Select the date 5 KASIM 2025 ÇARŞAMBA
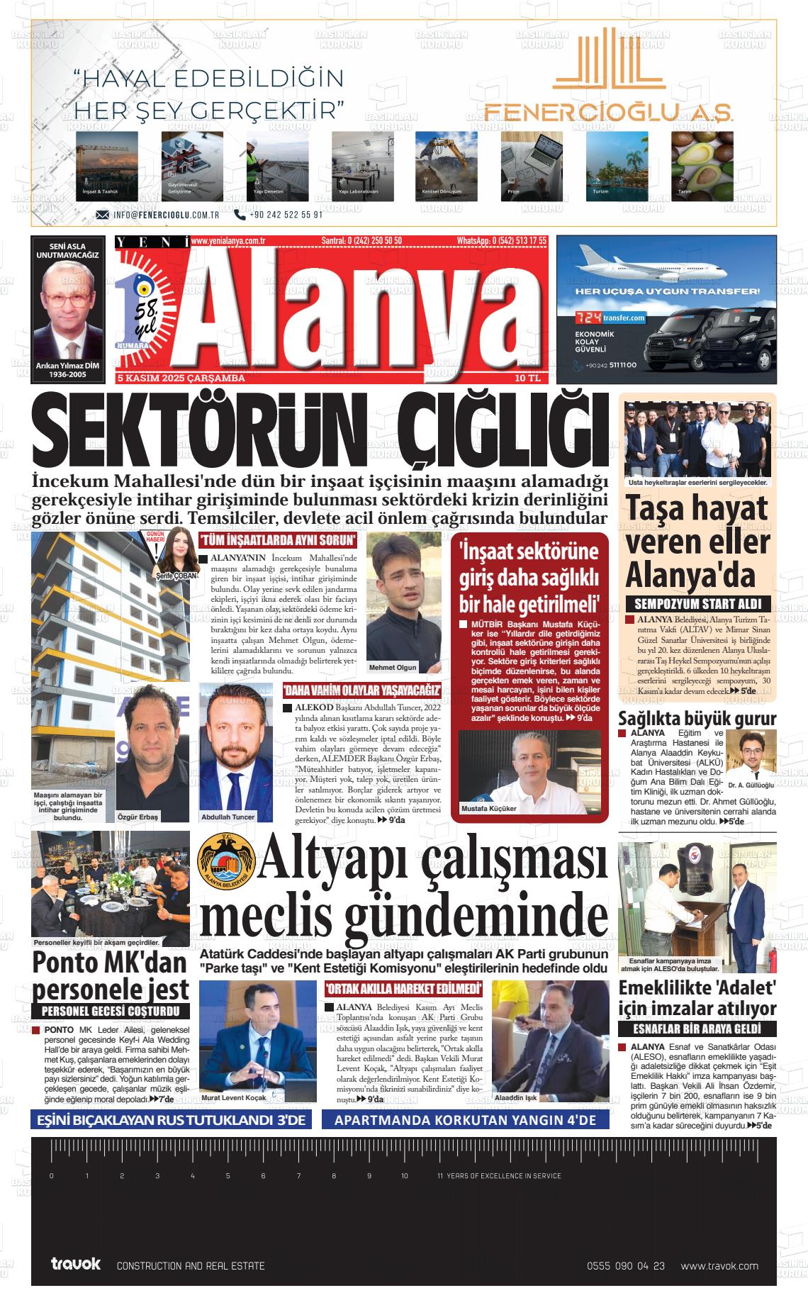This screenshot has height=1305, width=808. coord(182,379)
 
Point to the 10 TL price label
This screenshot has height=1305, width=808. coord(528,379)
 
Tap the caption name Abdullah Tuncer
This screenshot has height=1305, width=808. coord(228,817)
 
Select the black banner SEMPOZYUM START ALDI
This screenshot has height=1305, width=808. coord(697,605)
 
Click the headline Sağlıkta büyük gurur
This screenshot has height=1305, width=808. coord(697,718)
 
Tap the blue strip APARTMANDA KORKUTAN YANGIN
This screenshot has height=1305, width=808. coord(465,1120)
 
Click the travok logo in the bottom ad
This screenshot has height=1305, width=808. coord(76,1264)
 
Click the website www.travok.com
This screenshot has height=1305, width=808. coord(719,1265)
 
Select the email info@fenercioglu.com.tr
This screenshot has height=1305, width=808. coord(164,214)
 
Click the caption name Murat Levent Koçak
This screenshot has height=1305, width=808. coord(233,1097)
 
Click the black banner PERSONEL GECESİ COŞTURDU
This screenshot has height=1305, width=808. coord(111,1011)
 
